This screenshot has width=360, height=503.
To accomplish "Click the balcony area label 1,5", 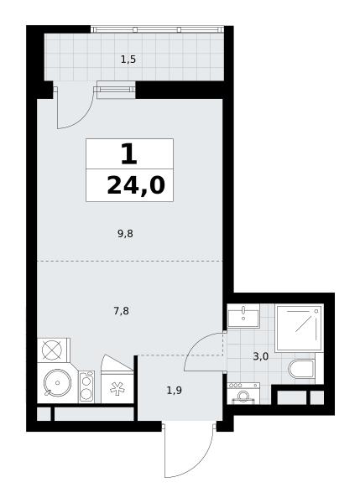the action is click(128, 60).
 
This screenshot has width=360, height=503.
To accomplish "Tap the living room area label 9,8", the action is click(125, 234).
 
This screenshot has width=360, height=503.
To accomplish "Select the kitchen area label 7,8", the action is click(122, 311).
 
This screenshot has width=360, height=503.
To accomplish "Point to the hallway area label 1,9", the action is click(175, 391).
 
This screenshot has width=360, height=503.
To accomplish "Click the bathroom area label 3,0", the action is click(260, 356).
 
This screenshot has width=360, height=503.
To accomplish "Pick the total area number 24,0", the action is click(135, 186).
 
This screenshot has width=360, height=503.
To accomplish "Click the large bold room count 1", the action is click(129, 154).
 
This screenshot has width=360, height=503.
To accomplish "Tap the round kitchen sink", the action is click(58, 382).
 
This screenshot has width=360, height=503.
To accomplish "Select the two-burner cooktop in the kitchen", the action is click(86, 386).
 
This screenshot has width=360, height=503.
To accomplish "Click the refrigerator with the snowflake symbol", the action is click(117, 387).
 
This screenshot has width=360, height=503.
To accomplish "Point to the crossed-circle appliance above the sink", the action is click(52, 350).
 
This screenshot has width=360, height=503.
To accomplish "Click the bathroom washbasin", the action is click(243, 316).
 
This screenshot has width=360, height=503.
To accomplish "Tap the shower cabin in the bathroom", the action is click(300, 328).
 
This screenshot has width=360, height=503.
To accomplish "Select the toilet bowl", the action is click(302, 369).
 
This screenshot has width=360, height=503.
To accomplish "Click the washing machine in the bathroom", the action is click(243, 393).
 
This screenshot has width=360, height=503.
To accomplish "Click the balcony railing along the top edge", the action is click(157, 29).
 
